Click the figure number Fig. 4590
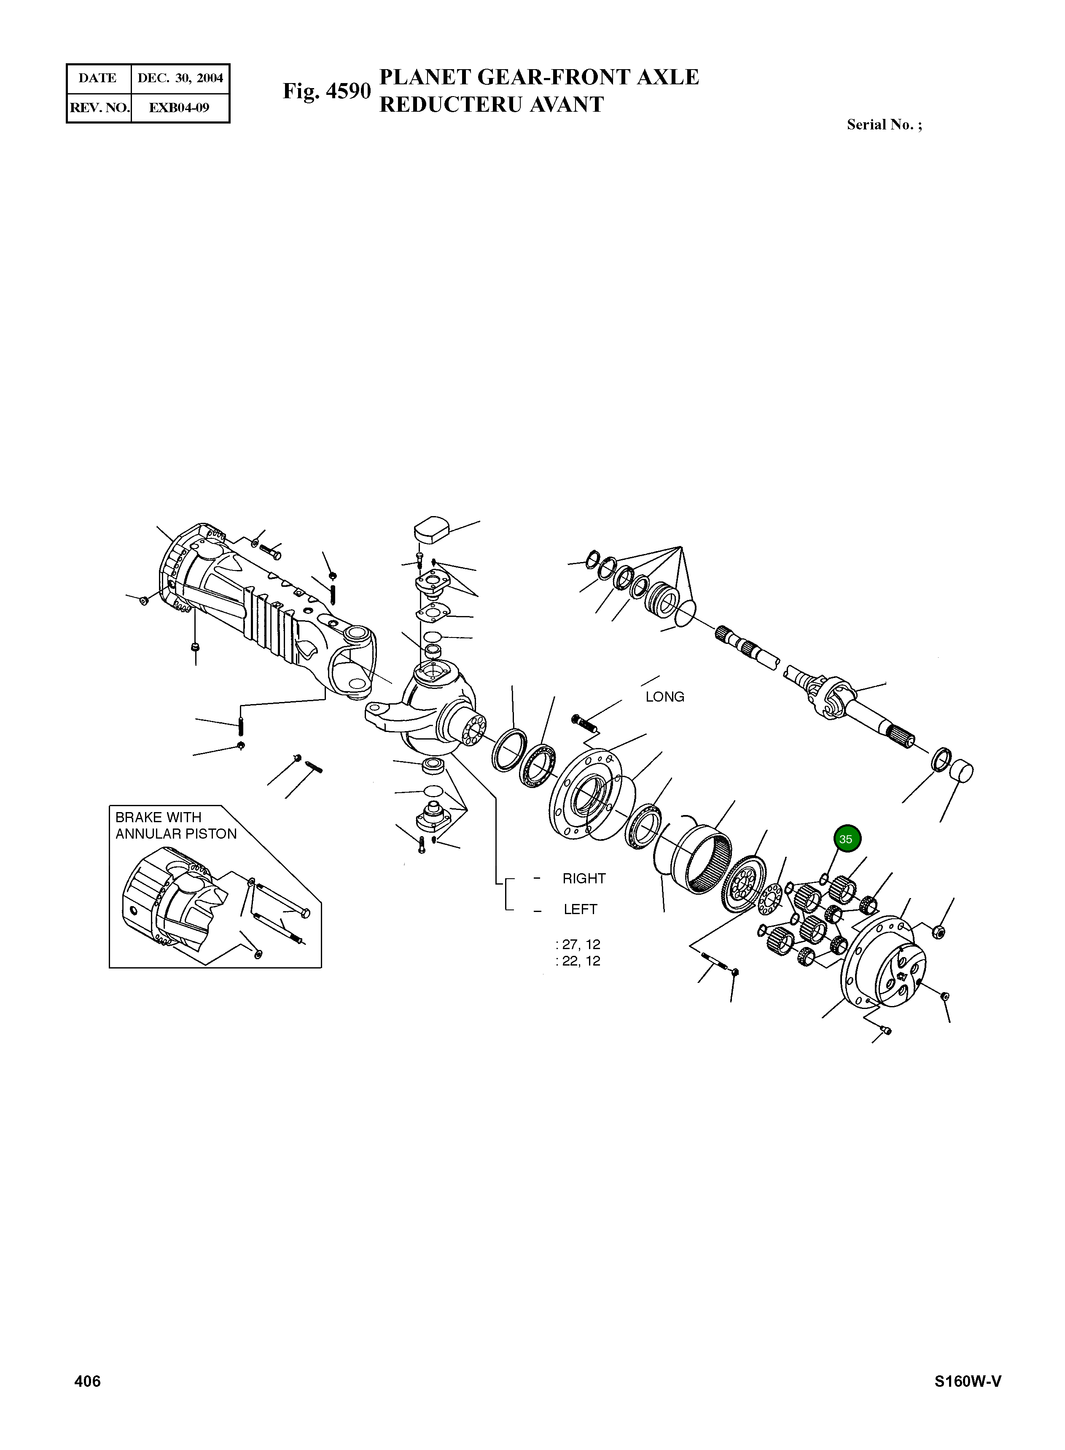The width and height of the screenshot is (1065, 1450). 327,91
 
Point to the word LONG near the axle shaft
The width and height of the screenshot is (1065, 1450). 664,697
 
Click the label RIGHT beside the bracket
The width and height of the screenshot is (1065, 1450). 584,878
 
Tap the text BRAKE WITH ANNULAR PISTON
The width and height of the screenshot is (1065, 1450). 175,825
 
